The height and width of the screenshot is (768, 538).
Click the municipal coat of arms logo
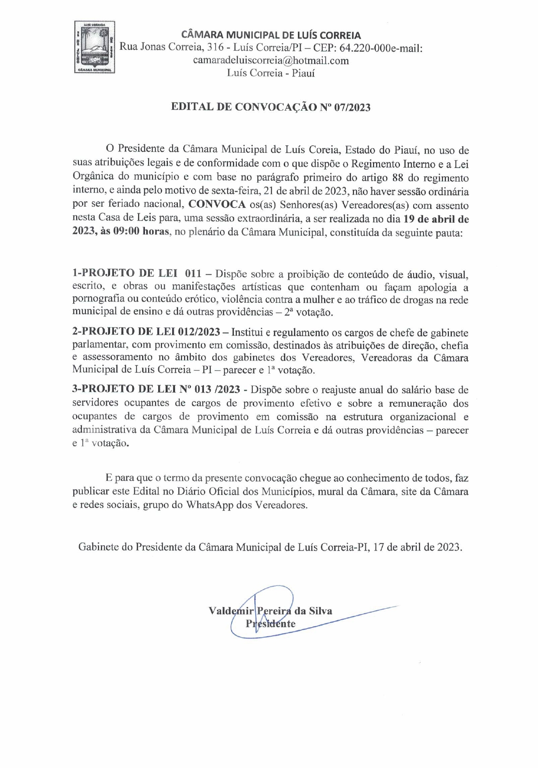pyautogui.click(x=94, y=47)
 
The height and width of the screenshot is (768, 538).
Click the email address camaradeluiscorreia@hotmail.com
pyautogui.click(x=271, y=60)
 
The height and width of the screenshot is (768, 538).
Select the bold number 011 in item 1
pyautogui.click(x=193, y=273)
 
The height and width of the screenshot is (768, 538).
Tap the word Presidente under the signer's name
pyautogui.click(x=270, y=624)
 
